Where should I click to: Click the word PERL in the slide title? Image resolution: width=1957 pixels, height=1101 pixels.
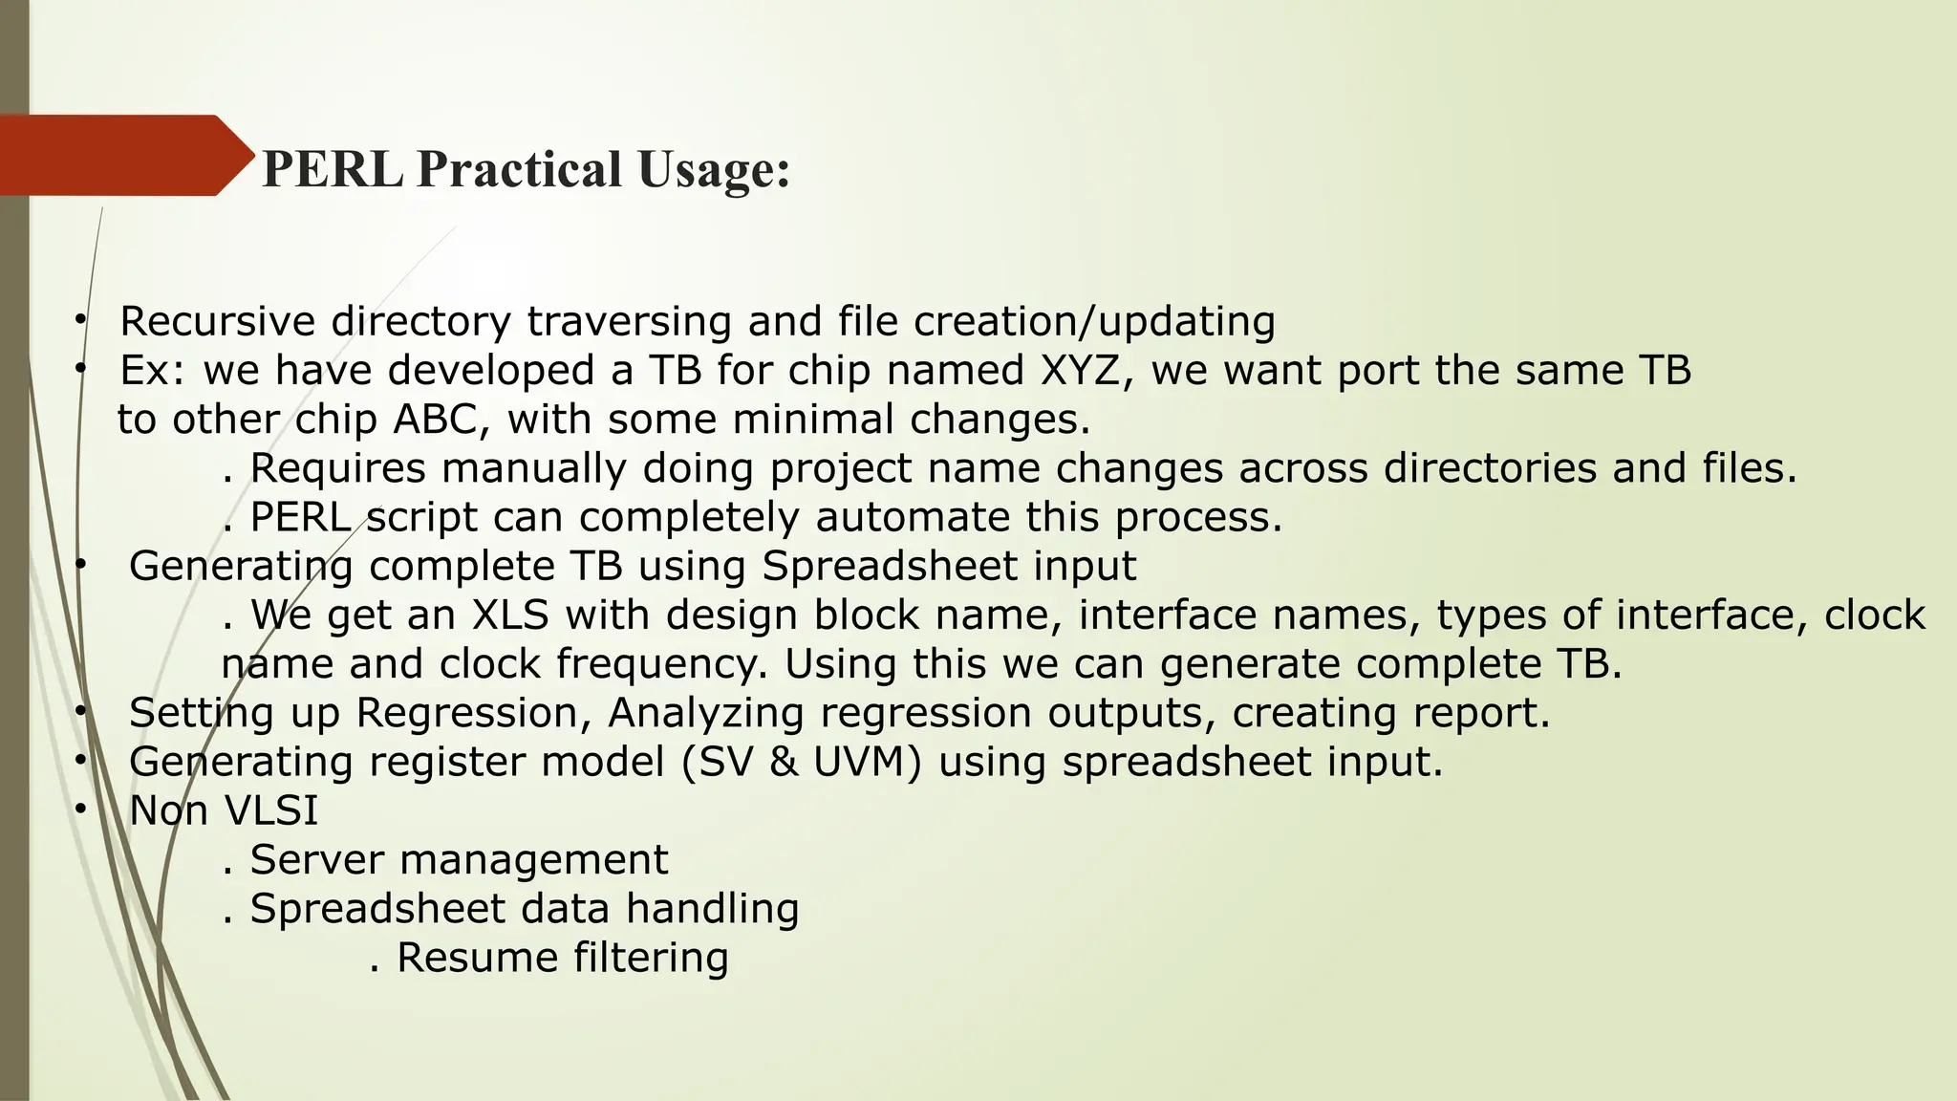[332, 169]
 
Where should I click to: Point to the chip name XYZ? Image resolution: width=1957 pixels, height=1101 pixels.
[1079, 371]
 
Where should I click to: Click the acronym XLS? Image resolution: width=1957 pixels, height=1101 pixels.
[510, 615]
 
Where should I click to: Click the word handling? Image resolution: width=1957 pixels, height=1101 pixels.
[712, 908]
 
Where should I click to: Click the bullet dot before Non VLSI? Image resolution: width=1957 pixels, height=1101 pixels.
[81, 810]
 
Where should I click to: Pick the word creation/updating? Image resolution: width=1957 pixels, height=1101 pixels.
[1094, 322]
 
